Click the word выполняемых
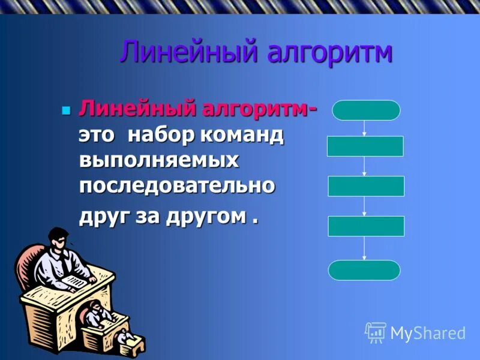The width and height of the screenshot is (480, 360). click(x=159, y=161)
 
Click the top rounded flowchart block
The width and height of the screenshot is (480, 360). click(x=366, y=110)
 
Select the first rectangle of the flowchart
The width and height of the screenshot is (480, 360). click(x=365, y=146)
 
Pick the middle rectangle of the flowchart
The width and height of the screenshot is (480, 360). click(x=366, y=186)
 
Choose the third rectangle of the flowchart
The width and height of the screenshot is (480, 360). click(x=366, y=226)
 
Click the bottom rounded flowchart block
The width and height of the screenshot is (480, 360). click(x=364, y=270)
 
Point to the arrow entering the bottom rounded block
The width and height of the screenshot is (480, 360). click(x=364, y=248)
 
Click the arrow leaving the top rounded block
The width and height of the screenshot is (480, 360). click(x=365, y=128)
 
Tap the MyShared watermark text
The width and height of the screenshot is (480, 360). click(x=428, y=333)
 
